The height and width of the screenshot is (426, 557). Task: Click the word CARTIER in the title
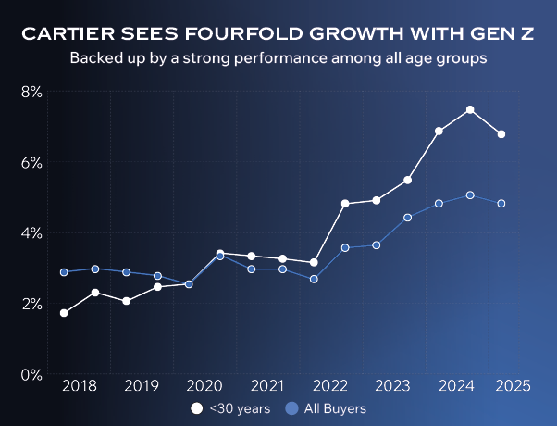[x=68, y=35]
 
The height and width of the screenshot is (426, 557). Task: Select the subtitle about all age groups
[x=278, y=57]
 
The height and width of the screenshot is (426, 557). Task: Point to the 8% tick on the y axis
[x=31, y=92]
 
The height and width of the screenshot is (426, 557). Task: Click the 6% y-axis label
[x=31, y=162]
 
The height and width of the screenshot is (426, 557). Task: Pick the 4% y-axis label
[x=31, y=232]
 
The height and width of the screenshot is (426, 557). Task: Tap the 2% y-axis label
[x=31, y=304]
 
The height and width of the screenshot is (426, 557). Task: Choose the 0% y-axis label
[x=31, y=374]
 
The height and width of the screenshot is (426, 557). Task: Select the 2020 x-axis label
[x=204, y=385]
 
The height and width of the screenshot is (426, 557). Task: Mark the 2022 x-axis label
[x=330, y=385]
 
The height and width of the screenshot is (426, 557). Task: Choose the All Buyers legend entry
[x=327, y=408]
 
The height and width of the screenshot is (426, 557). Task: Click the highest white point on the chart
[x=470, y=109]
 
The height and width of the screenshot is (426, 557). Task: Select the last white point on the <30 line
[x=501, y=134]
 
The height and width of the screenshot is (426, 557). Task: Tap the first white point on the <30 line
[x=64, y=313]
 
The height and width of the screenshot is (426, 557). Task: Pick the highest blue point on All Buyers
[x=470, y=195]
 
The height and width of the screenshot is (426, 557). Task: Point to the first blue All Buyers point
[x=64, y=272]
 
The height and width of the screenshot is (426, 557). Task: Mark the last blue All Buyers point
[x=501, y=204]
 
